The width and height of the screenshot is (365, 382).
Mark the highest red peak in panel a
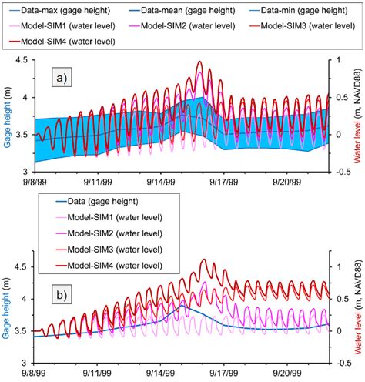[x=199, y=62]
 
